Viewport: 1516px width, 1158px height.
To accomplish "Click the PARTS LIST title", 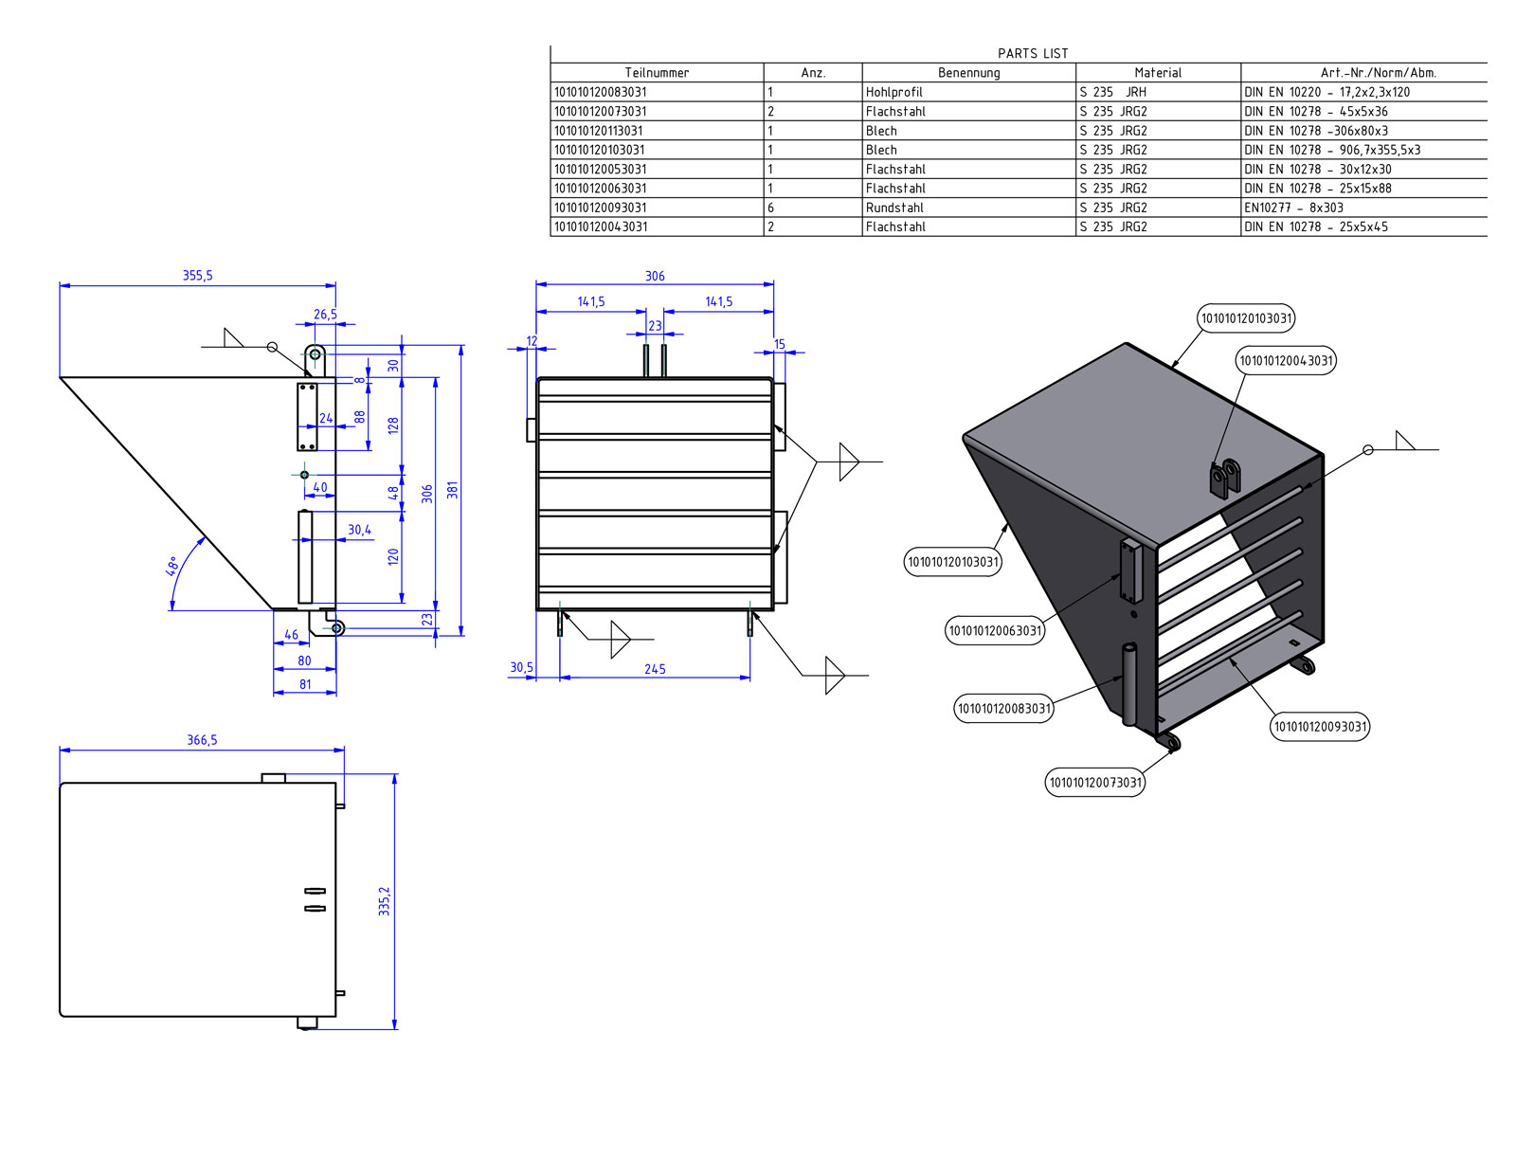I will point(1032,54).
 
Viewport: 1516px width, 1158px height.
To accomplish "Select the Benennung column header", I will point(968,73).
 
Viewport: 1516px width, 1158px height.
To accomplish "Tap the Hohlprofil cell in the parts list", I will point(893,92).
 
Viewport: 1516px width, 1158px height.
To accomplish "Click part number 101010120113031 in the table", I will point(598,131).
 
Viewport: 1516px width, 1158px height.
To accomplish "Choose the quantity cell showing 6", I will point(770,208).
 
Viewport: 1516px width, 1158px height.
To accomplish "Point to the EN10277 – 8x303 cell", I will point(1293,208).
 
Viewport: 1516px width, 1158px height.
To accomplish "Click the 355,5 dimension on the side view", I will point(197,276).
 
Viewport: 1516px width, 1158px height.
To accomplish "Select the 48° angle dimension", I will point(172,567).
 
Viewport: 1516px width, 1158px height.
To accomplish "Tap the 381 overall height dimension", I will point(453,490).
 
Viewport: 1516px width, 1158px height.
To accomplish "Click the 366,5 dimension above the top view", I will point(201,740).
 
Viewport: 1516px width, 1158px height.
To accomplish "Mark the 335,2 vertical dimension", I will point(384,901).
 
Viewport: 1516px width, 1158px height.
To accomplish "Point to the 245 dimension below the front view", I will point(655,669).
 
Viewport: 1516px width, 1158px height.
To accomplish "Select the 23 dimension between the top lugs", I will point(655,326).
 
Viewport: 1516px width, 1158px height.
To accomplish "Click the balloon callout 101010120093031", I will point(1320,727).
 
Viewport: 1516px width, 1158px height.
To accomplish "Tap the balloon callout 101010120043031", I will point(1286,360).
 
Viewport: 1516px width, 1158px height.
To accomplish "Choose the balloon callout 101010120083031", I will point(1003,709).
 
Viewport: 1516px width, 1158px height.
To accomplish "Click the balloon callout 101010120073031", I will point(1095,783).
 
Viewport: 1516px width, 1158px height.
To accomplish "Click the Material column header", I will point(1158,73).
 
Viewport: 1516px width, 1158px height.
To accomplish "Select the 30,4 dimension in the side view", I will point(359,531).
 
